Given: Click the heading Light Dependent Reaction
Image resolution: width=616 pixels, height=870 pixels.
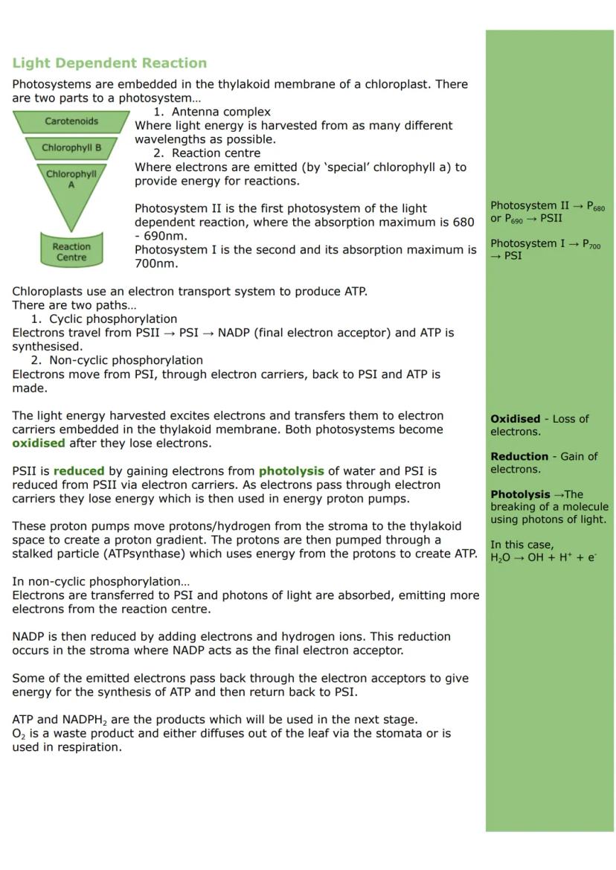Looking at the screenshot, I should (x=109, y=63).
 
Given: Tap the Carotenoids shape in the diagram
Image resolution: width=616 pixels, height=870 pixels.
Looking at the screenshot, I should (x=71, y=121).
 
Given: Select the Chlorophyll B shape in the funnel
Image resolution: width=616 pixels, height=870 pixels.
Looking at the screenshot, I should (x=71, y=148).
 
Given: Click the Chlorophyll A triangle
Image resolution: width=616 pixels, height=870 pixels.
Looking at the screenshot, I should (x=71, y=182).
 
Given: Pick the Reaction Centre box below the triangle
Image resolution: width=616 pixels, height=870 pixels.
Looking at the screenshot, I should (x=71, y=252).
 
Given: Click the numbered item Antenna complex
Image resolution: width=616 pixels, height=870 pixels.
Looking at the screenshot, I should (x=221, y=112).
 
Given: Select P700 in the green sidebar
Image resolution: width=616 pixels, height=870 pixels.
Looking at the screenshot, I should (x=591, y=244).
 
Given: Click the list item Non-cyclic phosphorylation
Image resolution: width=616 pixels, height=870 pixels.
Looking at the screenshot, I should (x=126, y=360).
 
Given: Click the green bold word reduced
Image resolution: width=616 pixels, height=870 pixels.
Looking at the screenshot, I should (x=79, y=471).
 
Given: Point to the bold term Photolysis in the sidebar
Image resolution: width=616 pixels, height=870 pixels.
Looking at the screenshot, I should (x=520, y=494).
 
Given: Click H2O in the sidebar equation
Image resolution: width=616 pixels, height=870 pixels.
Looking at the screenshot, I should (x=500, y=558).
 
